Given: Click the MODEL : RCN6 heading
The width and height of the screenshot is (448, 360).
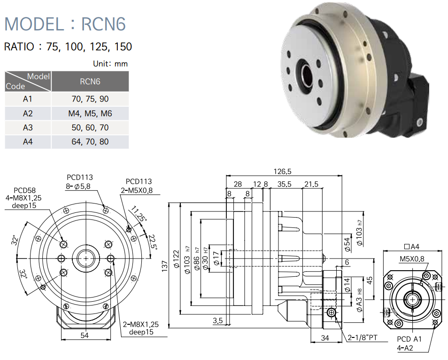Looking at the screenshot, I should coord(65,23).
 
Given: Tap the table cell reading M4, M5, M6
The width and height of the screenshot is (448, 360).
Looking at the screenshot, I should coord(90,113).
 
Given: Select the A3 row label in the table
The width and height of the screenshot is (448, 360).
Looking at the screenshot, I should coord(28,127).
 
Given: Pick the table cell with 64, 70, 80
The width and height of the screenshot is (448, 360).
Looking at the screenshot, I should coord(90,141).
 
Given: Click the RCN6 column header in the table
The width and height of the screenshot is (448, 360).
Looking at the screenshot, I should coord(90,81).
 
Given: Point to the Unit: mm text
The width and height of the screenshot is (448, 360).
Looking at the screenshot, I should coord(110,63).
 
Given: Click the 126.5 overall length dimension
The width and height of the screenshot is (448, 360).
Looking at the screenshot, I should coord(283,171).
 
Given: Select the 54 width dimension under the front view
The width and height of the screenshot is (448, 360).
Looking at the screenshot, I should coord(85,335).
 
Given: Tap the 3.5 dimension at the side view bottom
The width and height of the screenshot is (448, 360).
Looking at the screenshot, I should coord(217,321).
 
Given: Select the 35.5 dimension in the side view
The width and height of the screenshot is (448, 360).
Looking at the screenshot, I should coord(285,184).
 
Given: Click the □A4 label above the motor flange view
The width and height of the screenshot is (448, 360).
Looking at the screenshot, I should coord(412,246).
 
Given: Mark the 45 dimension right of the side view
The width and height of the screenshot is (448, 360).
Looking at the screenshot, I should coord(369,280).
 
